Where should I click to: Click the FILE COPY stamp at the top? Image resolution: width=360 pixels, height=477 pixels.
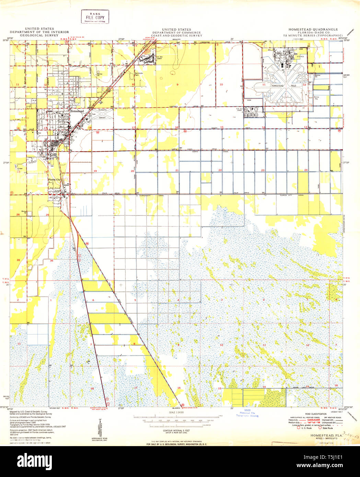pyautogui.click(x=95, y=17)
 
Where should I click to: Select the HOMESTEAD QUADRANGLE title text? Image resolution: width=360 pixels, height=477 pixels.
pyautogui.click(x=313, y=30)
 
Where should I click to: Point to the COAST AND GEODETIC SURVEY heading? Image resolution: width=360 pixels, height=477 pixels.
pyautogui.click(x=177, y=35)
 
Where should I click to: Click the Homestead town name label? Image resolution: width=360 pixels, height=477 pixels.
pyautogui.click(x=77, y=111)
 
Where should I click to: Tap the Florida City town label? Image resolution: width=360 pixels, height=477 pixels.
pyautogui.click(x=54, y=179)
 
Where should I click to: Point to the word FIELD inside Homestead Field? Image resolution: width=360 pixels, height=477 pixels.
pyautogui.click(x=293, y=85)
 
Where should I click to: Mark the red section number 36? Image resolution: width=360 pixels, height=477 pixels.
pyautogui.click(x=51, y=260)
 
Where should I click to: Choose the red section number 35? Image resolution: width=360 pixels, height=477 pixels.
pyautogui.click(x=18, y=260)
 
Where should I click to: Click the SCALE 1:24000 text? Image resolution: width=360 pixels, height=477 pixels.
pyautogui.click(x=176, y=412)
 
